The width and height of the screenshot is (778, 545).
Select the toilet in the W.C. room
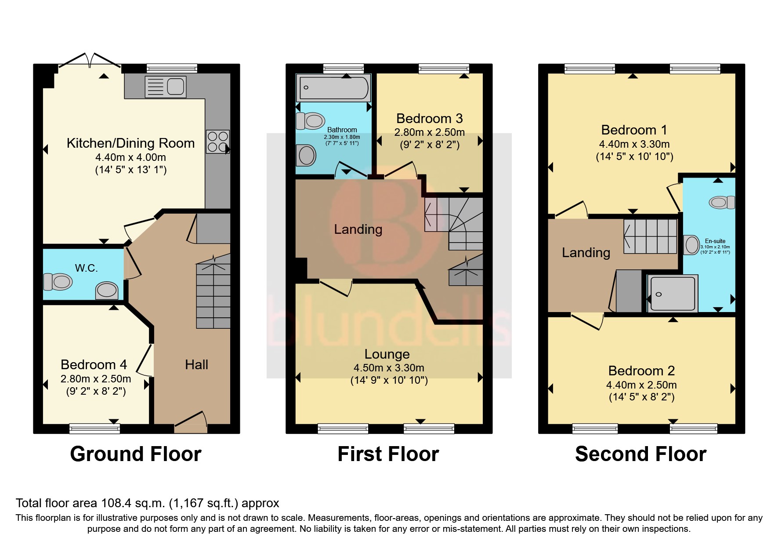(58, 282)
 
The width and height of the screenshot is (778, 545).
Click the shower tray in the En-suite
(672, 294)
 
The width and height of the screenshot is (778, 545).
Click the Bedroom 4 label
(94, 364)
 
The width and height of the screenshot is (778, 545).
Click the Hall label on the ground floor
(196, 364)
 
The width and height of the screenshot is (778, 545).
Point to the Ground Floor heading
(136, 454)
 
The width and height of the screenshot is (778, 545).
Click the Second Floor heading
(640, 454)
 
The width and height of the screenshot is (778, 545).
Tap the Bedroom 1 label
(634, 130)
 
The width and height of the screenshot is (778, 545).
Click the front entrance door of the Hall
(191, 420)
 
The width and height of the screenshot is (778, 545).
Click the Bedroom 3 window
(444, 68)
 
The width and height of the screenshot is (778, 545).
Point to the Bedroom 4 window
(94, 428)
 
